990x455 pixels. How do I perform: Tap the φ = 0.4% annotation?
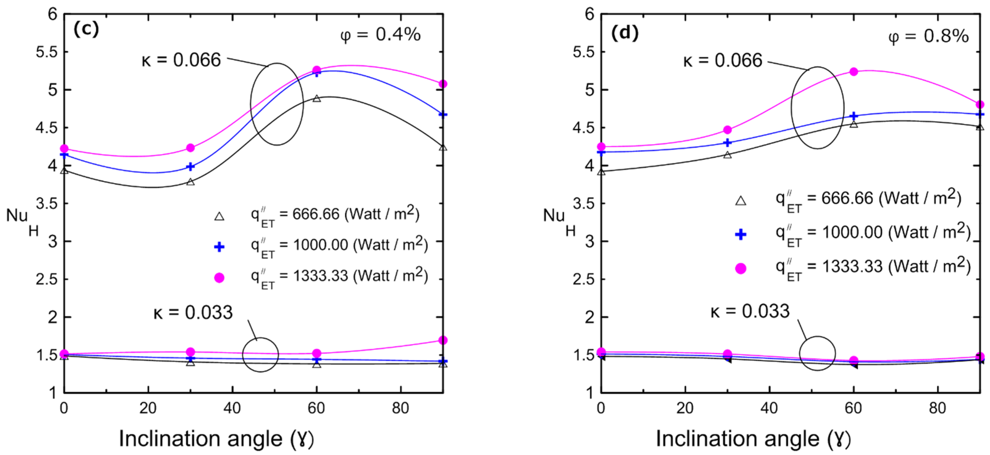coord(380,35)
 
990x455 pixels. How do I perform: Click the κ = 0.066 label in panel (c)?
coord(181,60)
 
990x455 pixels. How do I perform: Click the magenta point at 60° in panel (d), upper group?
coord(853,72)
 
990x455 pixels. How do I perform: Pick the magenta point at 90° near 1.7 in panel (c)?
coord(443,340)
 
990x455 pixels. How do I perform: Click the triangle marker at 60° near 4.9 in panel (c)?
coord(317,98)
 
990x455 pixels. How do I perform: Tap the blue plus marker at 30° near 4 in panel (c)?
coord(190,167)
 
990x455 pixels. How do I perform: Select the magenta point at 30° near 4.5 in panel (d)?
coord(727,130)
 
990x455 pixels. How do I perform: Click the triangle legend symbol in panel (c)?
coord(219,217)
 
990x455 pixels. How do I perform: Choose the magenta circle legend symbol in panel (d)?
coord(741,269)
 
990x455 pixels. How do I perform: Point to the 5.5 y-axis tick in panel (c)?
coord(46,52)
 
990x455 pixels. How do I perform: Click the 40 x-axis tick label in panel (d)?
coord(769,408)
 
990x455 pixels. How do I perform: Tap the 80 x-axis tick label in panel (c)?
coord(401,408)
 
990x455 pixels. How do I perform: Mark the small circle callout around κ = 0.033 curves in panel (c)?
coord(261,355)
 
